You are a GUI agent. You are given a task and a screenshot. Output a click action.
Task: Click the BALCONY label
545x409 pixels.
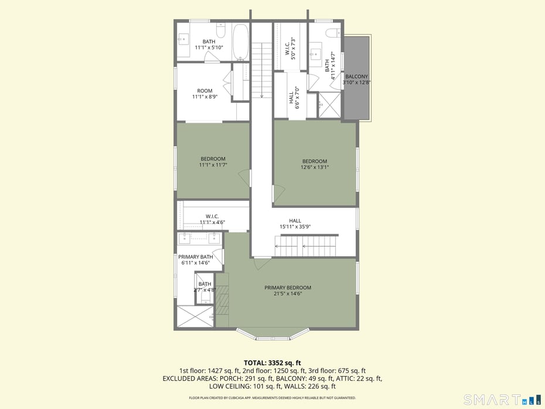pos(356,77)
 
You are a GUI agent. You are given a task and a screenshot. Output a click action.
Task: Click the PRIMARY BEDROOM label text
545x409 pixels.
pos(288,288)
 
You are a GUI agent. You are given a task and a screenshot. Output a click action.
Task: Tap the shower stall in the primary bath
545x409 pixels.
pos(195,316)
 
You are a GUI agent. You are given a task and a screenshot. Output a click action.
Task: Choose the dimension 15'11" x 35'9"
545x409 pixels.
pos(295,227)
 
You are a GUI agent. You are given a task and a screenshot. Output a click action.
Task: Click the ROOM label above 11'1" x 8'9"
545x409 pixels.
pos(205,91)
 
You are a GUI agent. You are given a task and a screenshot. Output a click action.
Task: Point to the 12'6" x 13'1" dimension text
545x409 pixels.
pos(315,167)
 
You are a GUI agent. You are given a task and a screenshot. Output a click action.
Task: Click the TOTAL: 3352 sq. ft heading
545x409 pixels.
pos(272,363)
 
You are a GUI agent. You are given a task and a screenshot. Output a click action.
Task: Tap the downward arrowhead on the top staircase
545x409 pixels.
pos(261,95)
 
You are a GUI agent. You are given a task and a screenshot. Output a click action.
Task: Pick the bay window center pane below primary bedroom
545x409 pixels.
pos(272,337)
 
